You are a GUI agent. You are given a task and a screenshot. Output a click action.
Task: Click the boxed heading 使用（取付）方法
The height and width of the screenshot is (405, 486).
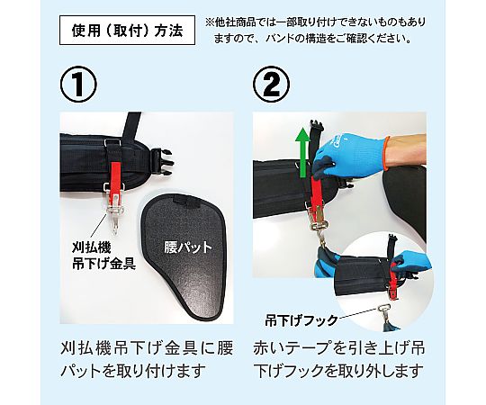click(127, 30)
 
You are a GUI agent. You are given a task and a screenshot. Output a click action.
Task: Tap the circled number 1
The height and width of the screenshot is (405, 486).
click(78, 84)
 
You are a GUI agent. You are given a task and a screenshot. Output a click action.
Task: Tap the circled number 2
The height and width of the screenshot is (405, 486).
click(272, 84)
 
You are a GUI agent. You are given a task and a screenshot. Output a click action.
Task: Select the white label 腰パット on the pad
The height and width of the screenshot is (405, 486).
click(188, 247)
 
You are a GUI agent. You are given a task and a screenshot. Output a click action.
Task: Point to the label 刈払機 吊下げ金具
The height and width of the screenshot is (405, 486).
click(103, 256)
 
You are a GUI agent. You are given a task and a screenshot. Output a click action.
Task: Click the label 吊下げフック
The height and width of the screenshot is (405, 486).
click(301, 320)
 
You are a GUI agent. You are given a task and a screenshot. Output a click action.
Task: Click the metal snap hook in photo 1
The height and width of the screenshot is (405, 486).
click(114, 214)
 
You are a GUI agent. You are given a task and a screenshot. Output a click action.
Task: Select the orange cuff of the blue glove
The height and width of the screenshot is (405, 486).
click(386, 153)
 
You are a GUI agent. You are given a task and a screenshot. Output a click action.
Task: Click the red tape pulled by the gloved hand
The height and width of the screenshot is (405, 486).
click(317, 192)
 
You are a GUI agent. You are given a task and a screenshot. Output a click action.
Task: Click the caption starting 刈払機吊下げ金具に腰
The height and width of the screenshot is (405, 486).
click(147, 359)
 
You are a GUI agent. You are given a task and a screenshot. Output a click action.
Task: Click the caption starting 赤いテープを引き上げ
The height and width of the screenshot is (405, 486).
click(338, 359)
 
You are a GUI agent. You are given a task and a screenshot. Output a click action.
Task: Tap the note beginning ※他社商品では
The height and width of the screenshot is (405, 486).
click(316, 30)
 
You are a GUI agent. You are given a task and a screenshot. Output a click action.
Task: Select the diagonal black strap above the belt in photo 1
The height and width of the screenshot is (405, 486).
click(131, 127)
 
